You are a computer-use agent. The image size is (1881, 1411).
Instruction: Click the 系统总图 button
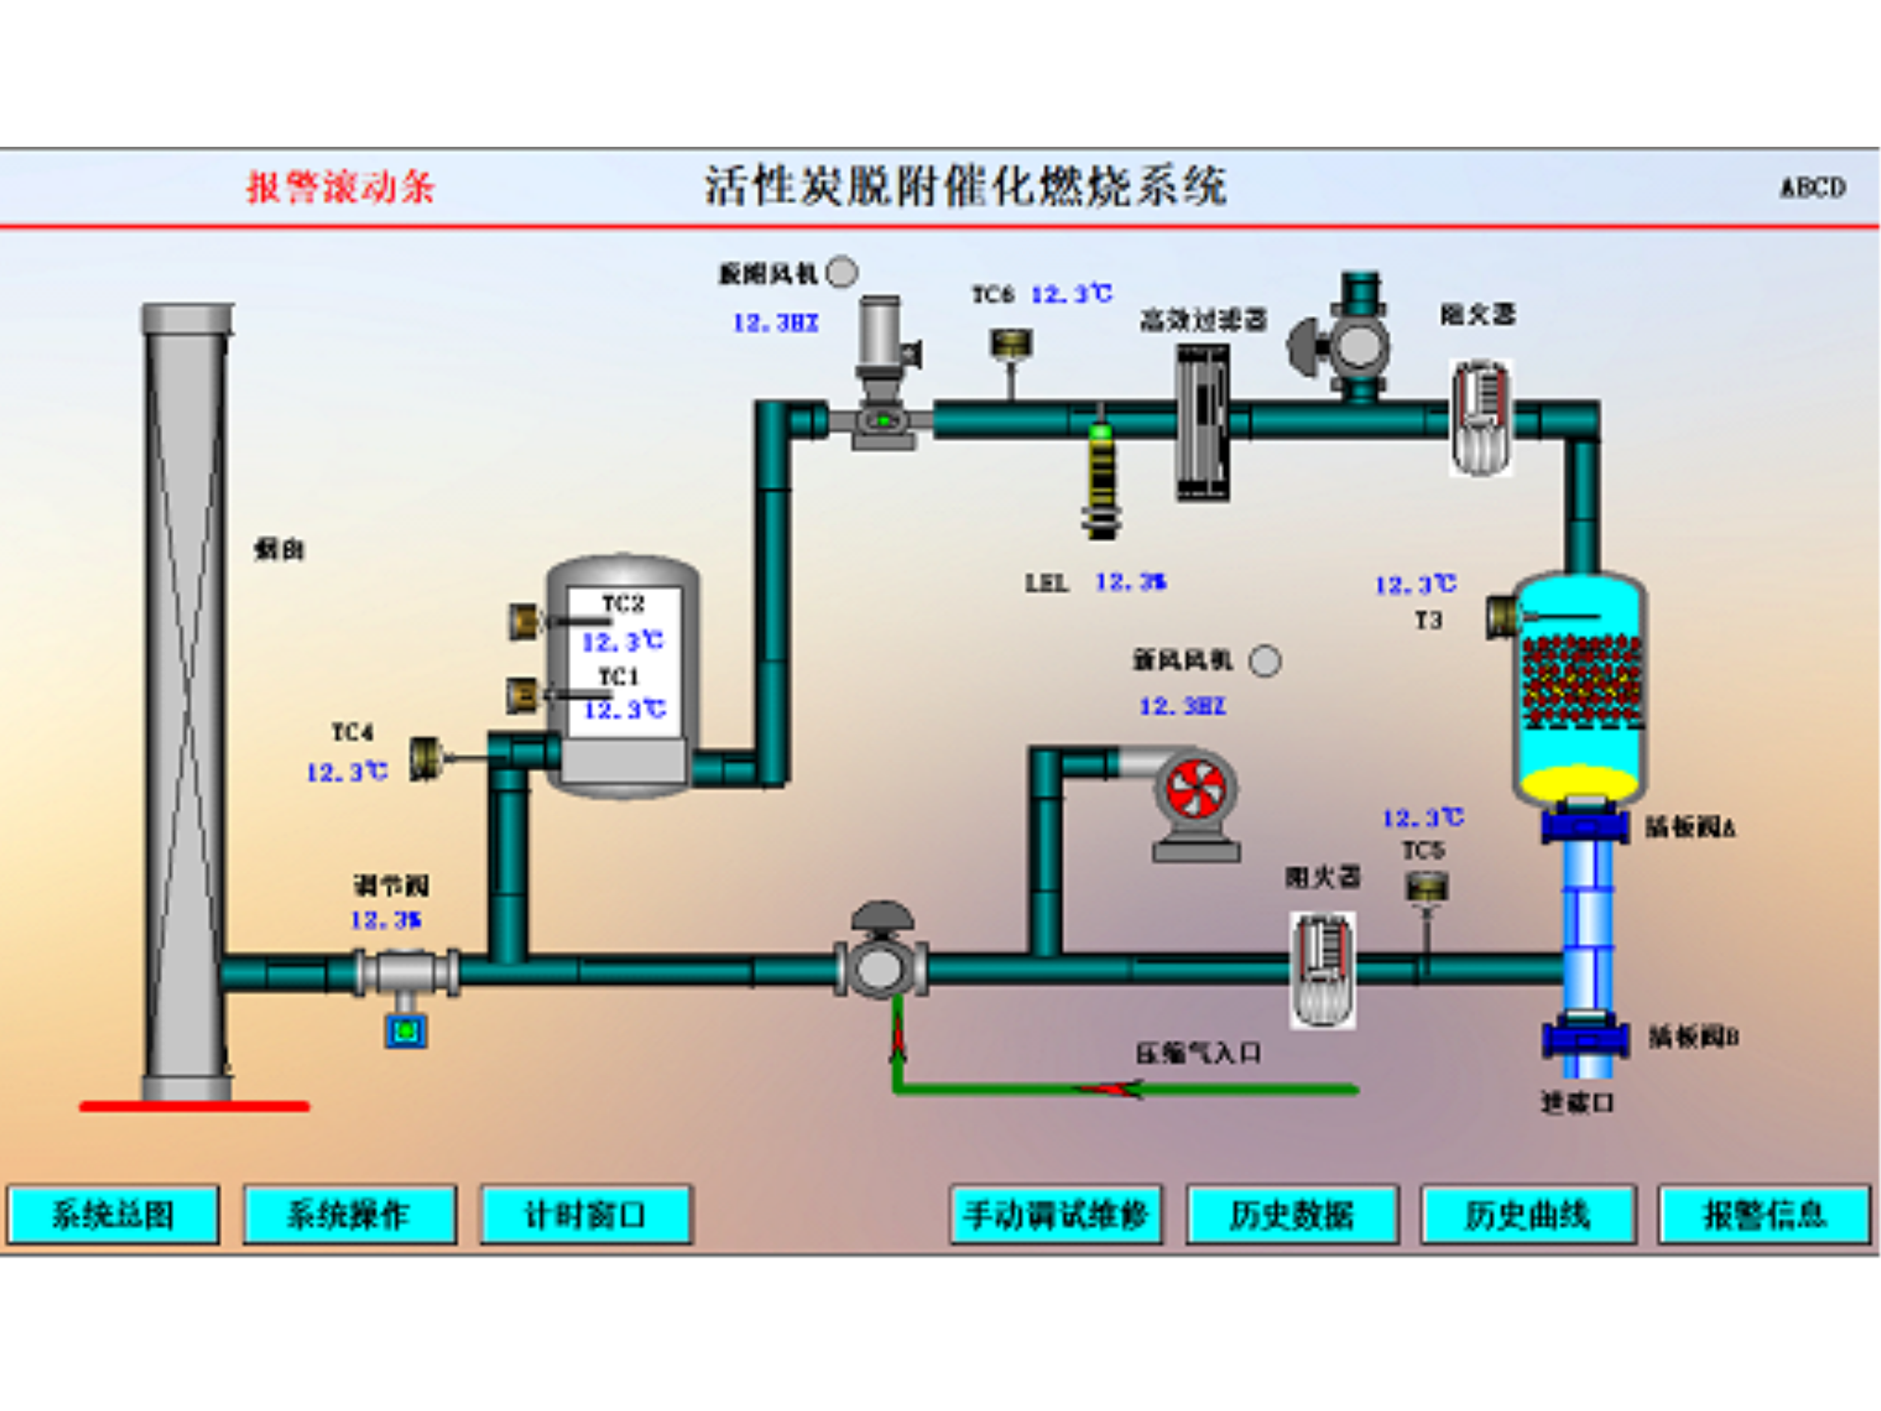pyautogui.click(x=113, y=1215)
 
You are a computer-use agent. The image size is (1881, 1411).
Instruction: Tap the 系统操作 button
pyautogui.click(x=348, y=1215)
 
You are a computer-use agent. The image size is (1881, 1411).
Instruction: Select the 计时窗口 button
pyautogui.click(x=585, y=1215)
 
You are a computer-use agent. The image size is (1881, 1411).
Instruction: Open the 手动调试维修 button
pyautogui.click(x=1056, y=1215)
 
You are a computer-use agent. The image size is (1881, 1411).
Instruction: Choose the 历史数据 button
pyautogui.click(x=1292, y=1215)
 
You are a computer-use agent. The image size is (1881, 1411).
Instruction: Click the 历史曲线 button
pyautogui.click(x=1527, y=1215)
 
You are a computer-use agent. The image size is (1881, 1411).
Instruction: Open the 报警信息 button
pyautogui.click(x=1764, y=1215)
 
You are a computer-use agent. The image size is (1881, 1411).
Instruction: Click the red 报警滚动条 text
pyautogui.click(x=340, y=187)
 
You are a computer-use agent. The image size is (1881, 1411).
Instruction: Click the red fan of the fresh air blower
pyautogui.click(x=1195, y=791)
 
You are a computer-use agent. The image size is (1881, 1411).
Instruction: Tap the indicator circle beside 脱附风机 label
pyautogui.click(x=842, y=272)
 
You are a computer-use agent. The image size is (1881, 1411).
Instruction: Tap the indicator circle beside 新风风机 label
pyautogui.click(x=1265, y=661)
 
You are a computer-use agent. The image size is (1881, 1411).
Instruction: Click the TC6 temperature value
pyautogui.click(x=1071, y=294)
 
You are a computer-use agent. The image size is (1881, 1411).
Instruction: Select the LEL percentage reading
pyautogui.click(x=1130, y=582)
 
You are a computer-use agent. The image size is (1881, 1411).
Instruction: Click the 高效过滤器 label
pyautogui.click(x=1203, y=321)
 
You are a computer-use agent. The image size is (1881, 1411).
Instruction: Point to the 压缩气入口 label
pyautogui.click(x=1198, y=1054)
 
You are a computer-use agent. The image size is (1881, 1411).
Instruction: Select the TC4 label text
pyautogui.click(x=352, y=732)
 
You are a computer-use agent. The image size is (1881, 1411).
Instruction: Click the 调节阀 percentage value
pyautogui.click(x=385, y=920)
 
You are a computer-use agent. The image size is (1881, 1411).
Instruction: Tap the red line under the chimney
pyautogui.click(x=194, y=1106)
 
